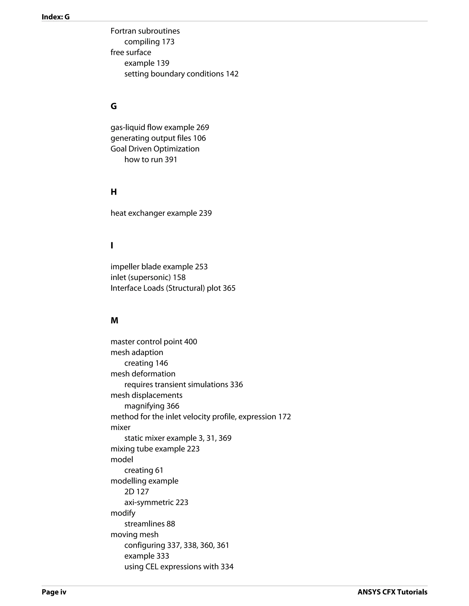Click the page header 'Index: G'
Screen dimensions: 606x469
[x=55, y=17]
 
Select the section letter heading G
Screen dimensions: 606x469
[x=114, y=106]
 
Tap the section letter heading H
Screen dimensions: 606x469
[x=114, y=192]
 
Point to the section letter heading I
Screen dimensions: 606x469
[x=112, y=246]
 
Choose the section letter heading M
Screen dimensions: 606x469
[x=114, y=321]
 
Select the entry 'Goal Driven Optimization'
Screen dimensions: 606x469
[x=155, y=149]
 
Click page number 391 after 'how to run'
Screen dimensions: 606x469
[x=171, y=160]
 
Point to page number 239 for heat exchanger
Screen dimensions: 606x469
[x=205, y=213]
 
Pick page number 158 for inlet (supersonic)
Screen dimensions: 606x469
[x=179, y=277]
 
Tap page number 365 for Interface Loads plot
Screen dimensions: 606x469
[x=229, y=288]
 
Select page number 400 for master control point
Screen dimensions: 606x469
[x=191, y=342]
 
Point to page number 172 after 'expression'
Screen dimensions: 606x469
[x=284, y=417]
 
